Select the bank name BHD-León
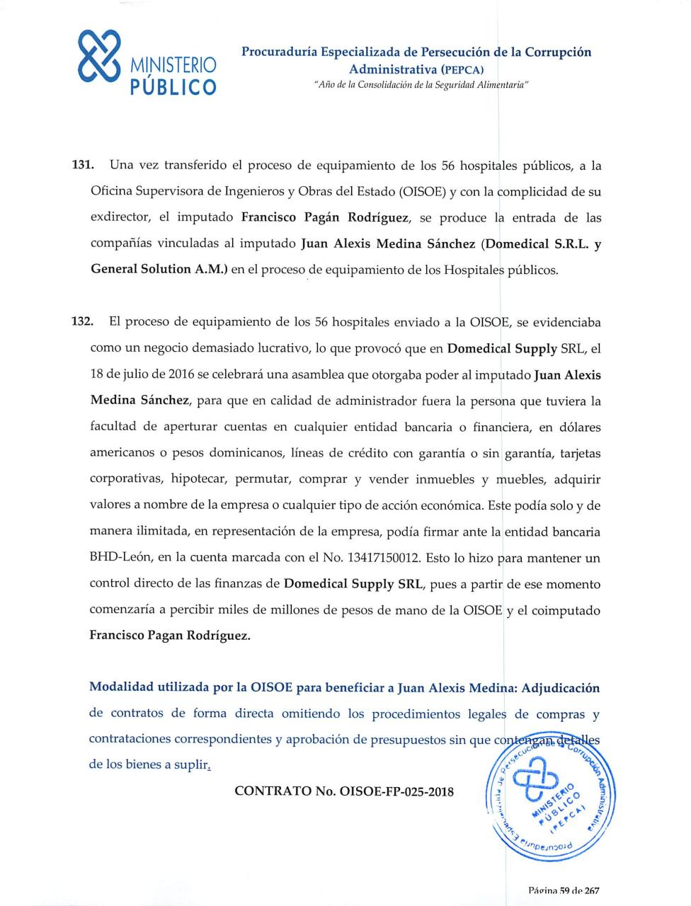click(120, 558)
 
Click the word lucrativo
click(276, 348)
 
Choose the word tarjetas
click(577, 453)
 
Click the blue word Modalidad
click(123, 687)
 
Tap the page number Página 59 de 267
click(564, 890)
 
